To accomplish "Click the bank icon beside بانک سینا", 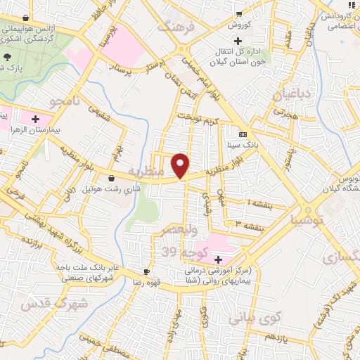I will click(x=243, y=134).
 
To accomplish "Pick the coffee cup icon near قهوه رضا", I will click(x=146, y=271).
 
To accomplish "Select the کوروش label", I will click(x=239, y=25).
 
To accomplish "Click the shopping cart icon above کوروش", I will click(x=239, y=13).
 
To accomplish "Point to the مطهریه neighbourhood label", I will click(x=149, y=172).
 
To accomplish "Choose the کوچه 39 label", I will click(x=179, y=252).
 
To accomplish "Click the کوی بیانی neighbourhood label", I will click(x=255, y=316).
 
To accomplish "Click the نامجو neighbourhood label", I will click(x=65, y=103).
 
